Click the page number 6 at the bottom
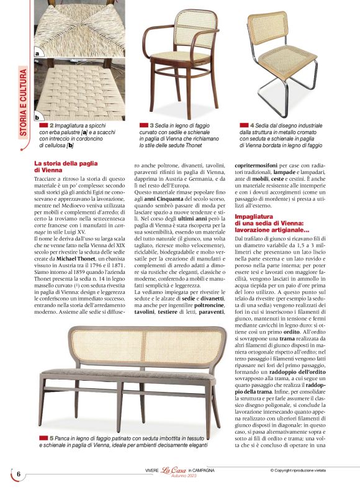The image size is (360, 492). [19, 475]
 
